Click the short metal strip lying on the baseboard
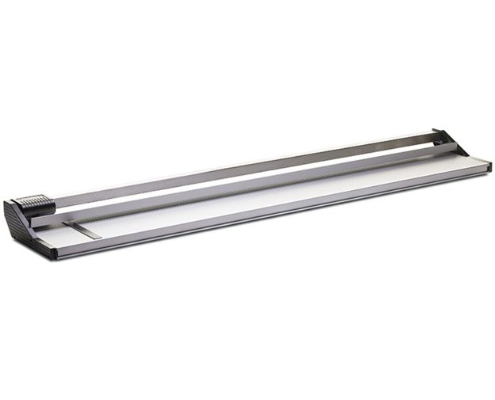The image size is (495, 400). point(83,230)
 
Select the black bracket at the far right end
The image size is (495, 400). point(451,143)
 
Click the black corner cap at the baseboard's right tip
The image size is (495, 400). point(487,166)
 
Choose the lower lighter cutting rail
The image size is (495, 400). point(238,187)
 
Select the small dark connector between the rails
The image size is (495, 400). point(436,143)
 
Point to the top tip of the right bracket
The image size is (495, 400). point(436,131)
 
